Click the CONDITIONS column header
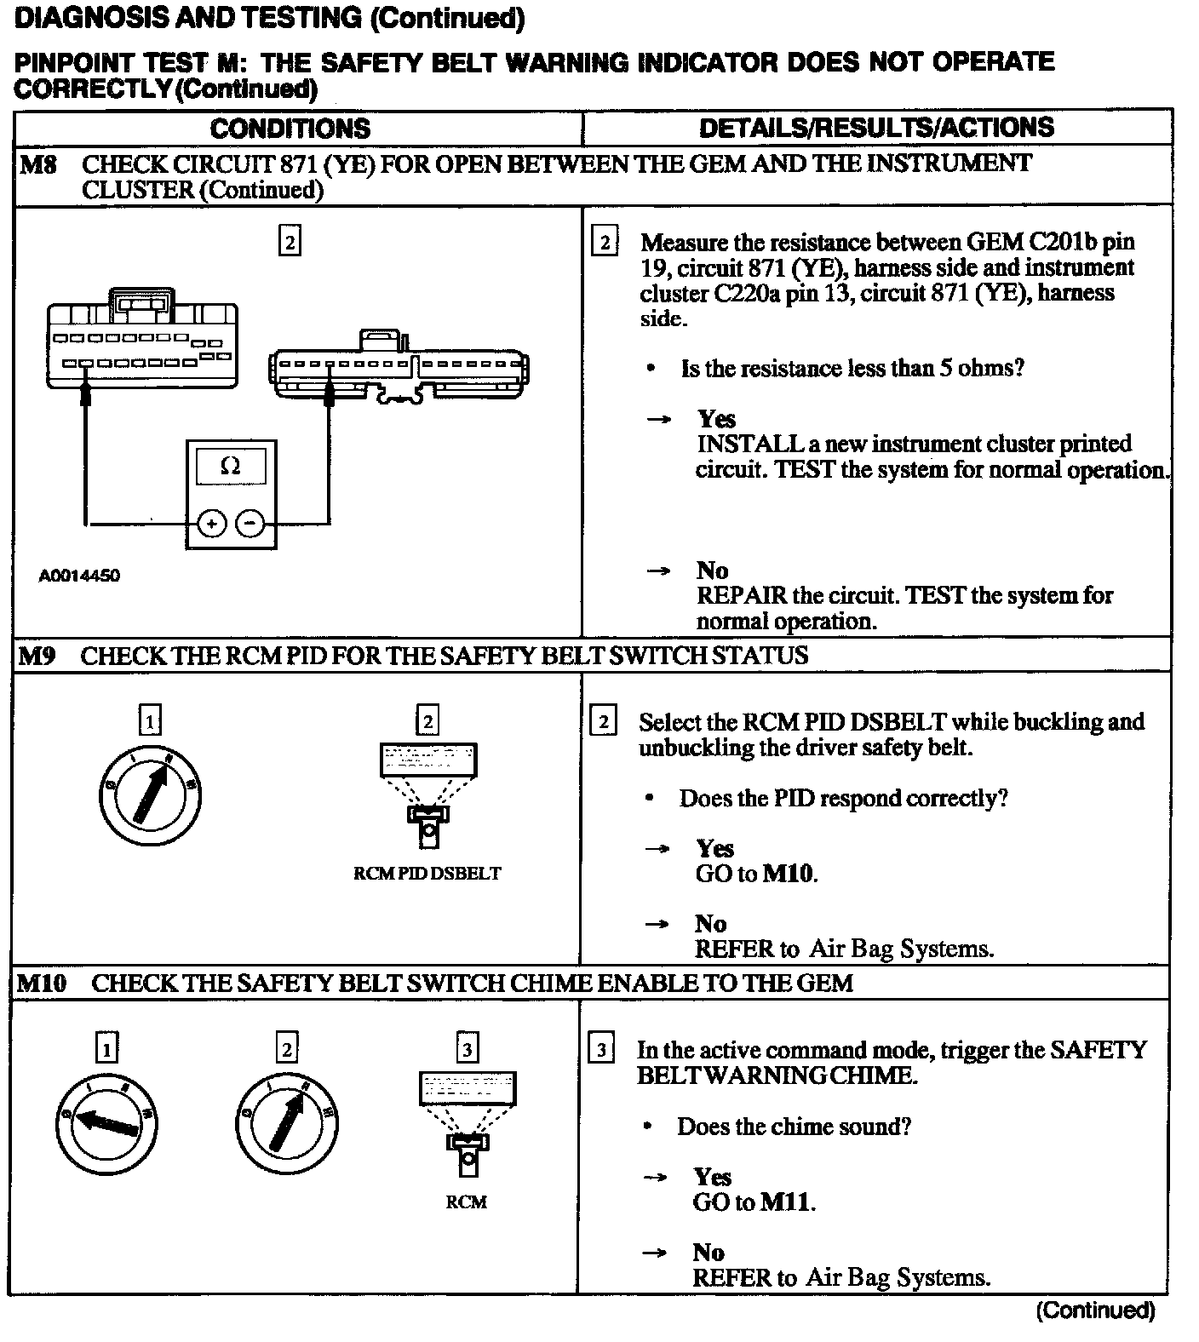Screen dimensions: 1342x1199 pyautogui.click(x=290, y=129)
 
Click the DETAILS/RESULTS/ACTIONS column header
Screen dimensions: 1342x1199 pyautogui.click(x=876, y=128)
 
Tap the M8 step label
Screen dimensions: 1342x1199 pyautogui.click(x=37, y=163)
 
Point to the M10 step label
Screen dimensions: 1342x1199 pyautogui.click(x=42, y=984)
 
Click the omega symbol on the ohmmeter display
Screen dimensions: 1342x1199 pyautogui.click(x=230, y=466)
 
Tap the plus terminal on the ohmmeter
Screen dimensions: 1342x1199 pyautogui.click(x=211, y=523)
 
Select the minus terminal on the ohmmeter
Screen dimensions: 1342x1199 pyautogui.click(x=250, y=523)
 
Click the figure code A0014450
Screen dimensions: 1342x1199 pyautogui.click(x=79, y=576)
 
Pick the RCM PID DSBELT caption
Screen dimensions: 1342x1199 pyautogui.click(x=427, y=874)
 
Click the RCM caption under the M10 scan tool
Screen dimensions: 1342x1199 pyautogui.click(x=467, y=1202)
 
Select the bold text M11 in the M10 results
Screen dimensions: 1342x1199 pyautogui.click(x=787, y=1201)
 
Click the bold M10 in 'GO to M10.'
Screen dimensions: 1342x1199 pyautogui.click(x=789, y=874)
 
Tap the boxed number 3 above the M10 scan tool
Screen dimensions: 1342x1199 pyautogui.click(x=467, y=1049)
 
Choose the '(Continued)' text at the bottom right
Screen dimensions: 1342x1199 pyautogui.click(x=1095, y=1310)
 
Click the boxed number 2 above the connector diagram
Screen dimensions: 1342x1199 pyautogui.click(x=290, y=243)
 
